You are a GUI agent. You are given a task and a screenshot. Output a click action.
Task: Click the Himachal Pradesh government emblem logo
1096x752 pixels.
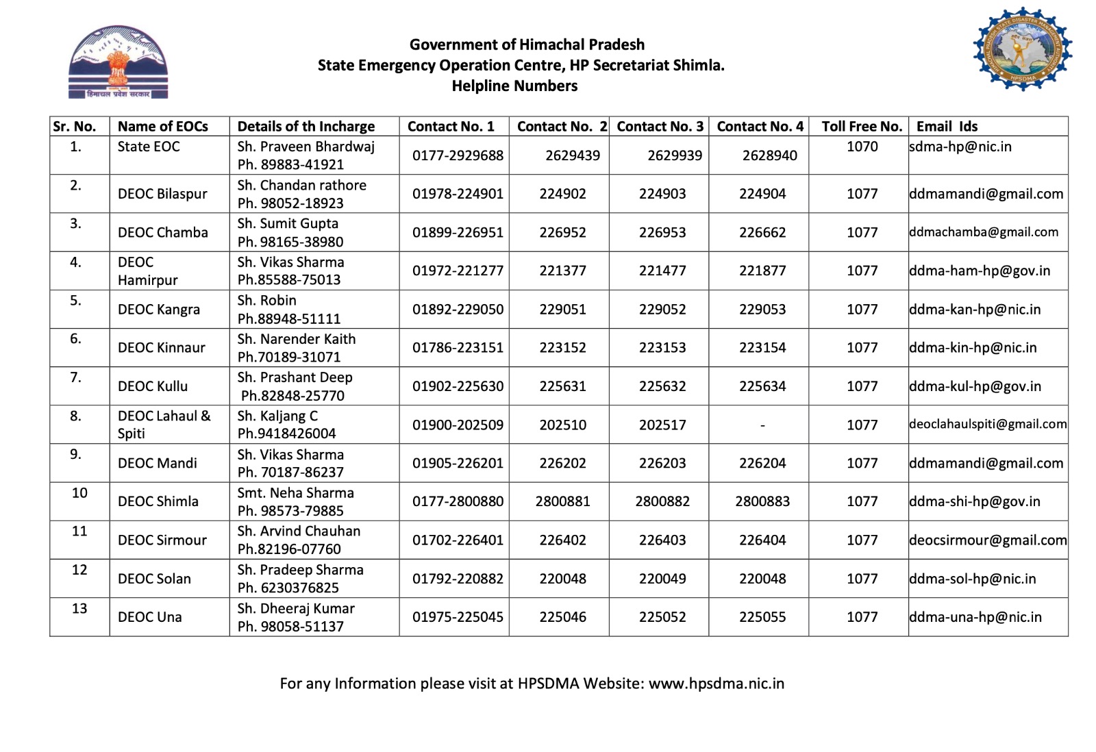[118, 62]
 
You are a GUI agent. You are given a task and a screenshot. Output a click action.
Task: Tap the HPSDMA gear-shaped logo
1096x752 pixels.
[1022, 49]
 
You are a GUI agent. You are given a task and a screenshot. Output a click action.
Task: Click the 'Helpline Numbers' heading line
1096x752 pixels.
[514, 86]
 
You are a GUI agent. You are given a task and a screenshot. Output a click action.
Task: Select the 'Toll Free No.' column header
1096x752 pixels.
[862, 127]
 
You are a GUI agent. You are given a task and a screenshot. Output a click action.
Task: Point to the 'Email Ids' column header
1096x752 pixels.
[947, 127]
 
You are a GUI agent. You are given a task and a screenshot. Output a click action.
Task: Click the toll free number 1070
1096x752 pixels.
[862, 147]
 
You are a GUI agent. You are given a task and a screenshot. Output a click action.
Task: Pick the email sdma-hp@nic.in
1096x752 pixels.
[960, 147]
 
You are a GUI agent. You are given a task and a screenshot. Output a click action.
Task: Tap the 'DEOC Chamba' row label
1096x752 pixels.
[163, 233]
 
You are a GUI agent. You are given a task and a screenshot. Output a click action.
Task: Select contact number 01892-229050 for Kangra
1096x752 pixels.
[458, 310]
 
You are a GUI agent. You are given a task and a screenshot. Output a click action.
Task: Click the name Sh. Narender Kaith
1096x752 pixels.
[297, 339]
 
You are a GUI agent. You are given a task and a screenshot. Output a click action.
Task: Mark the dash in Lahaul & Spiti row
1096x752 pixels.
[762, 425]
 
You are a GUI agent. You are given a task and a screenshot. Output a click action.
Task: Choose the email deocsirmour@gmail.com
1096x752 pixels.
[988, 540]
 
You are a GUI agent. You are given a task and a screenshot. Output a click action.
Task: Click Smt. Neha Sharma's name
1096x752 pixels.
[296, 493]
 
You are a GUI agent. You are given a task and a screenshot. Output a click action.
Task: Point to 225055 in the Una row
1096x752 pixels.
[762, 617]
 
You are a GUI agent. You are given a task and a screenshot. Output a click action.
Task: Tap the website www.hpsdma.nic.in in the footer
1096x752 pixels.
[717, 684]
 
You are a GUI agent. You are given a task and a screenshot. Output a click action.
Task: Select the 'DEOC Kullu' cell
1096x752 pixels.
[153, 386]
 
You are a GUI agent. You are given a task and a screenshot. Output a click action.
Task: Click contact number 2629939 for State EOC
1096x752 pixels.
[675, 155]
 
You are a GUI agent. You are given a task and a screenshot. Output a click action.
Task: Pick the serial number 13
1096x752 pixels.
[79, 609]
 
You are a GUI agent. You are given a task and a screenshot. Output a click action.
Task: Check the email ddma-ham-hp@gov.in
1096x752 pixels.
[980, 271]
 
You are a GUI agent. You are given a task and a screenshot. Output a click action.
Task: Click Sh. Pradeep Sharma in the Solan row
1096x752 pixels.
[301, 570]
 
